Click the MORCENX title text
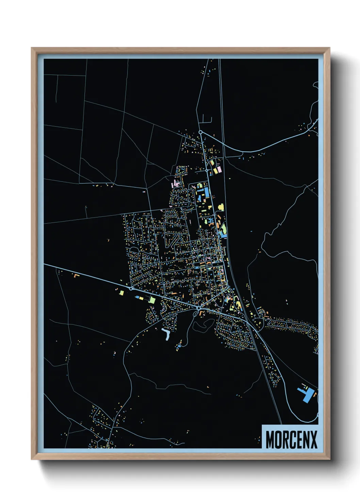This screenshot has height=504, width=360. coord(291,439)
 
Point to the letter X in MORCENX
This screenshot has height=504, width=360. coord(313,439)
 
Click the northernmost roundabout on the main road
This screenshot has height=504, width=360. coord(200,132)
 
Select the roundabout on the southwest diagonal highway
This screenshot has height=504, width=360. coord(131,288)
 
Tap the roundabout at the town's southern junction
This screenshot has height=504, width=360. coord(198,308)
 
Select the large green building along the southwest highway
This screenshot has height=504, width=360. coord(152,300)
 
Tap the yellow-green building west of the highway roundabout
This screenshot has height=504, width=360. coord(121,292)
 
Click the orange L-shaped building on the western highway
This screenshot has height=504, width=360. coord(76,275)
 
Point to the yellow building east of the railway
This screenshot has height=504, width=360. coord(220,207)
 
